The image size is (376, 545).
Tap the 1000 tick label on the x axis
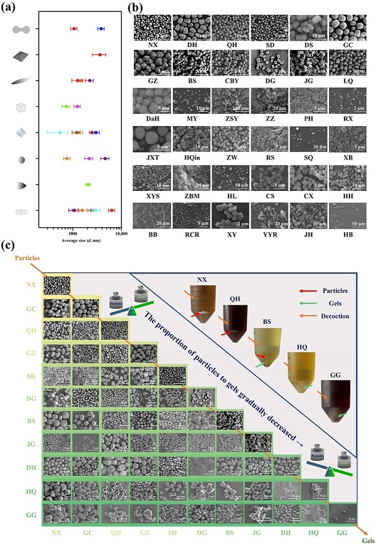pyautogui.click(x=72, y=233)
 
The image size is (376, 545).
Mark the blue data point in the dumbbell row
pyautogui.click(x=101, y=28)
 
